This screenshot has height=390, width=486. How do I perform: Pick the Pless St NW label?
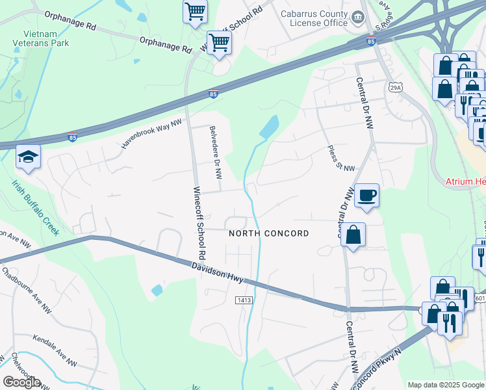341,159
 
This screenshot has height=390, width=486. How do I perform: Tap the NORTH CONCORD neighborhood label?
268,233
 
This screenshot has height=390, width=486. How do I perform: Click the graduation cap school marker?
29,157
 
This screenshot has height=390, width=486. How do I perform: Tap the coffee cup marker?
366,194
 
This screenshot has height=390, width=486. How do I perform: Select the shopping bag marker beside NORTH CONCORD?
353,235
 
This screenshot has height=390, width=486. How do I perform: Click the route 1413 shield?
242,300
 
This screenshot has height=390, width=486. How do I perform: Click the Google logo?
21,382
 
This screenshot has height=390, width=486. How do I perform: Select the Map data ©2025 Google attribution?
446,385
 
